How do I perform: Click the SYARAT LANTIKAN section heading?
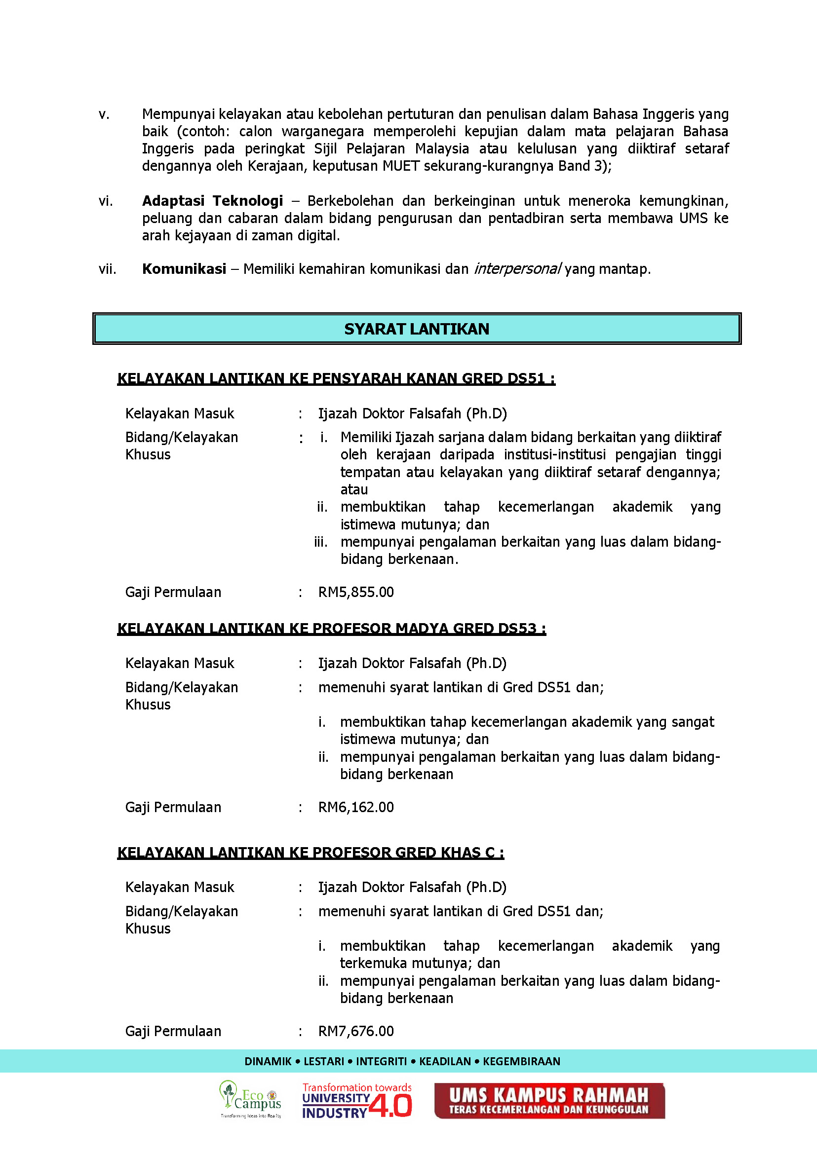416,329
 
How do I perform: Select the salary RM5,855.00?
355,592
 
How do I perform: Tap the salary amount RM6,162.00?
355,807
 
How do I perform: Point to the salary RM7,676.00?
355,1031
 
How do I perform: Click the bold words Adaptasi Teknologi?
212,201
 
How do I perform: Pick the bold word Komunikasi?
184,269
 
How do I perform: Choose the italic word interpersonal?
517,269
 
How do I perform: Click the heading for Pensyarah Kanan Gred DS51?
336,378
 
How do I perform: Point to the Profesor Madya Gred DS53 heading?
332,629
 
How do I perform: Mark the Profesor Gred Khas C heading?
311,853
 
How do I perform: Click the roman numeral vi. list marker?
106,201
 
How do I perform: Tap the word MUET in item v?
400,166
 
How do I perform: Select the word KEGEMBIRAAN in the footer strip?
521,1061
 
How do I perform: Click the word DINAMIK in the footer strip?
268,1061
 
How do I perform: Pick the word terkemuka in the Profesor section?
373,963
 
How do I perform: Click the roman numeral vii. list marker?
107,269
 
